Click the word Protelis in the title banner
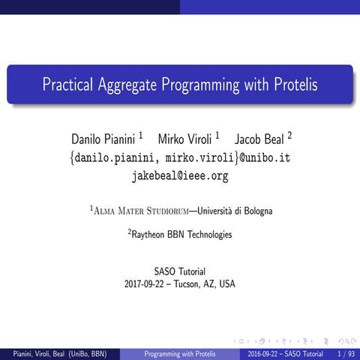point(291,84)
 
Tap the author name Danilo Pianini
point(103,139)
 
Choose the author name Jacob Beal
point(259,139)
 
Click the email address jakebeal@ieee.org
point(180,176)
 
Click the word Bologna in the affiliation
point(255,211)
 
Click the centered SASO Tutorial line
point(180,271)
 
